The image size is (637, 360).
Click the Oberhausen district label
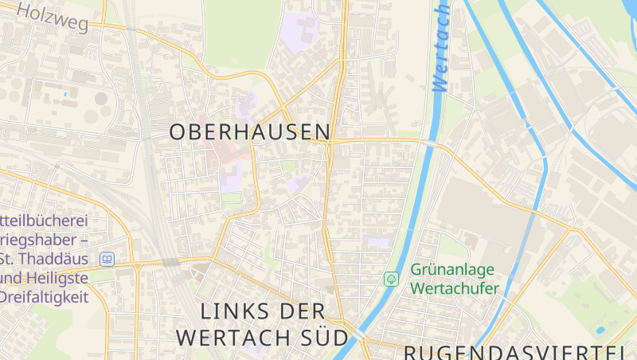pos(249,132)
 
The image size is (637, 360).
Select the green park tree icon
pos(391,279)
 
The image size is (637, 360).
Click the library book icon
pos(107,259)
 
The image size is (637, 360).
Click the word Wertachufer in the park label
pos(455,288)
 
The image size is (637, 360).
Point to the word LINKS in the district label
pos(230,311)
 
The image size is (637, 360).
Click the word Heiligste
pos(61,278)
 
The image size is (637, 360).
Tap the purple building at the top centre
pos(299,31)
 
